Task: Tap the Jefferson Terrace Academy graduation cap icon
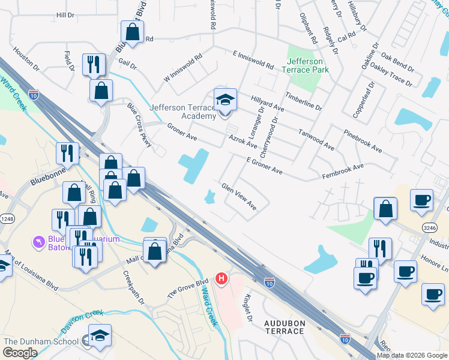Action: (x=226, y=98)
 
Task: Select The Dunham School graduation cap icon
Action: (x=100, y=335)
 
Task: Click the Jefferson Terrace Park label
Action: (x=304, y=65)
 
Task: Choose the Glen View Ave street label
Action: (x=239, y=197)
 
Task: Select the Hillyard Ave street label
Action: (x=267, y=104)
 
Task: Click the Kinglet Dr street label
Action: (x=249, y=307)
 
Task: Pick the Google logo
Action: (x=20, y=353)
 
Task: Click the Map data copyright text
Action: (x=412, y=355)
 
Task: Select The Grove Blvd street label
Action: (x=187, y=289)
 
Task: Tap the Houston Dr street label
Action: (x=25, y=59)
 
